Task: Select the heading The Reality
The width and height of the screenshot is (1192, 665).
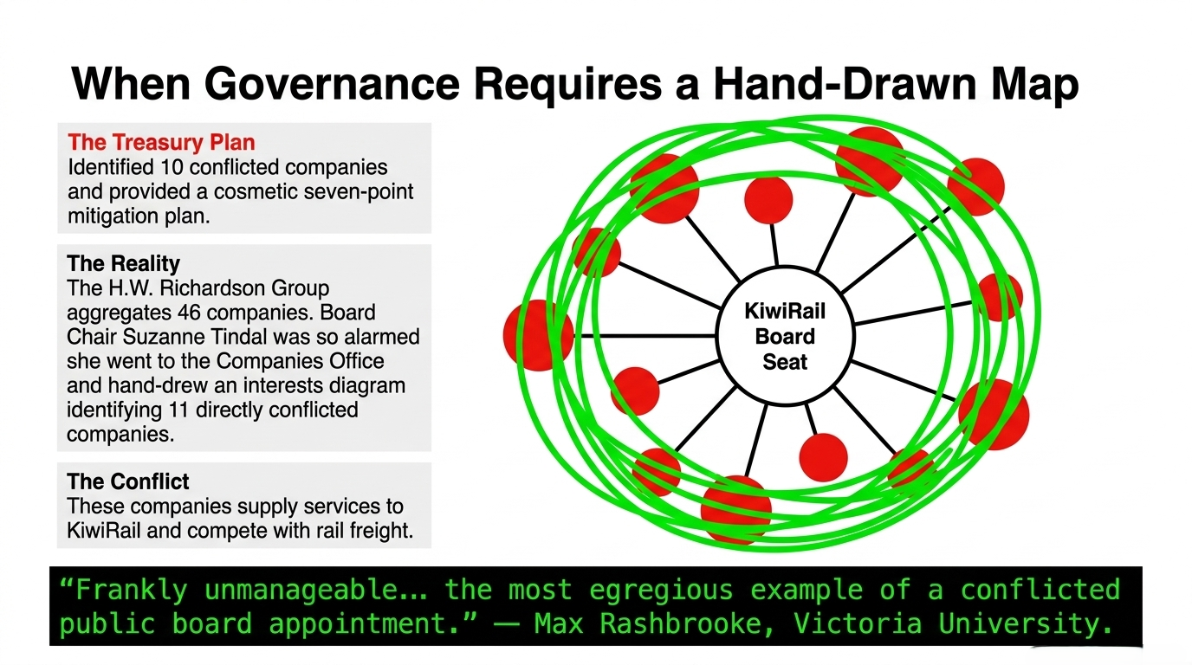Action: pos(123,263)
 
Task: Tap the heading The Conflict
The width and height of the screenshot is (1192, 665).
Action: pos(128,481)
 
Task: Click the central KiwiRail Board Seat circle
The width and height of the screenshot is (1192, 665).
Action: pos(785,336)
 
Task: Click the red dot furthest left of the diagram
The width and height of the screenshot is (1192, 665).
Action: pos(537,335)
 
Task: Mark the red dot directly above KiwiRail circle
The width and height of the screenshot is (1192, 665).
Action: pos(768,200)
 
